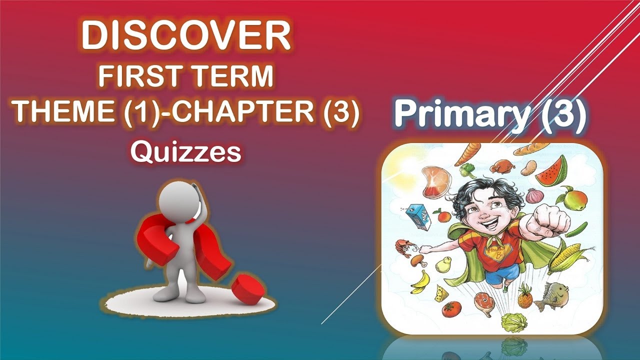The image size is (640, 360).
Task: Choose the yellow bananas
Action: coord(420,282)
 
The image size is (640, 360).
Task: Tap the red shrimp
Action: coord(403,246)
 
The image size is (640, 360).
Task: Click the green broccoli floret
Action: coord(468,170)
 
